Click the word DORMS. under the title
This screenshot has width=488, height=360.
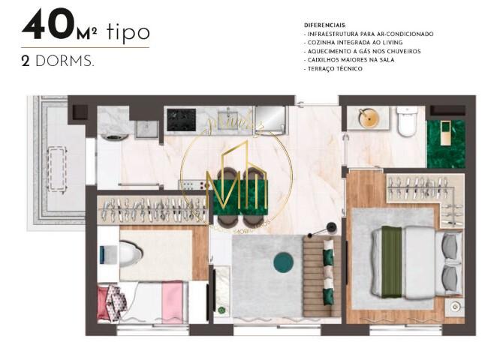coord(63,61)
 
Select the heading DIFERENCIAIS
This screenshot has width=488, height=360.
coord(325,25)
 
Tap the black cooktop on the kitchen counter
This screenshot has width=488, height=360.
coord(180,118)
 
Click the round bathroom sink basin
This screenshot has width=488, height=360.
coord(368,118)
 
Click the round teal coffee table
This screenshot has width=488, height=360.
coord(284,262)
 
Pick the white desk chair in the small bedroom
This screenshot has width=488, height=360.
coord(131,256)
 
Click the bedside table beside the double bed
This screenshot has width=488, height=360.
coord(453,307)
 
